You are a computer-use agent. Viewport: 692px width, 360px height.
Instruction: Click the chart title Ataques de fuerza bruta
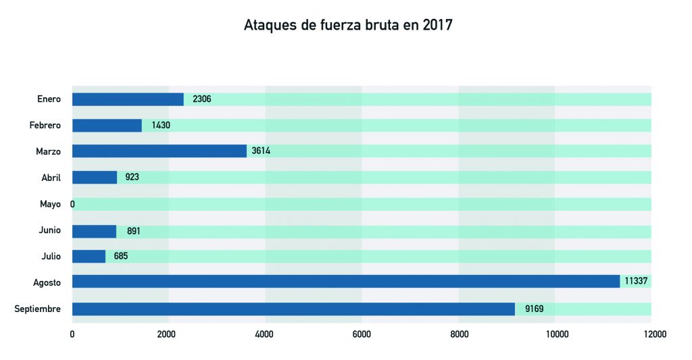point(347,26)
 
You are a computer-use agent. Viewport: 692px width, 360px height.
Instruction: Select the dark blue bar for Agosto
point(346,282)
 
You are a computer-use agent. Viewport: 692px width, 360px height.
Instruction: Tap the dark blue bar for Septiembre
point(293,309)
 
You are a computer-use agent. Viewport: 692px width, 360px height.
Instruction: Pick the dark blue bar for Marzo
point(159,151)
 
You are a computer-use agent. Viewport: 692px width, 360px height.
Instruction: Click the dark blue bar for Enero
point(128,99)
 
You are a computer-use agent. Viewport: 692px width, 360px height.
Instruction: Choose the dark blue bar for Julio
point(89,257)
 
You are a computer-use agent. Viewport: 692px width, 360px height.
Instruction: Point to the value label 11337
point(637,282)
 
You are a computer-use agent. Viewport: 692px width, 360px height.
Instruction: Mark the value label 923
point(132,178)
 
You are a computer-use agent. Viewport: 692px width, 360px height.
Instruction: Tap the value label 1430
point(162,126)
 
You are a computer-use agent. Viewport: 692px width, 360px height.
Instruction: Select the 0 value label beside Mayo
point(72,204)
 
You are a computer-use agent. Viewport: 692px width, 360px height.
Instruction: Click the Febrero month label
point(45,126)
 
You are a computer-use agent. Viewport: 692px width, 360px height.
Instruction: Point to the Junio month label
point(49,230)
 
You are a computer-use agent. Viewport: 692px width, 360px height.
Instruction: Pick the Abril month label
point(51,178)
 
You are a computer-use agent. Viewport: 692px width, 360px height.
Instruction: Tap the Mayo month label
point(50,204)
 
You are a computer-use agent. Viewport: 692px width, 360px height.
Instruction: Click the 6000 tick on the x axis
point(362,334)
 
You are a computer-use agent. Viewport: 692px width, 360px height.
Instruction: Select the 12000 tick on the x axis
point(651,334)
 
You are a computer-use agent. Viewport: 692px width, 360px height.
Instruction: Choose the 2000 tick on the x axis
point(168,334)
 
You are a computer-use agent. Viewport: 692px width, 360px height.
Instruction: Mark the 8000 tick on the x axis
point(458,334)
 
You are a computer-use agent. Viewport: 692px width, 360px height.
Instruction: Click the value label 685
point(121,257)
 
